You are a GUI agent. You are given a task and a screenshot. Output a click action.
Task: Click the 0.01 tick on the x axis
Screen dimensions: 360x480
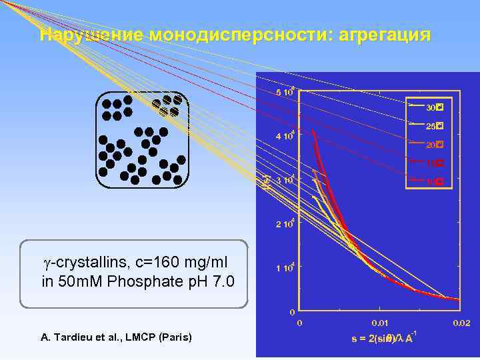[380, 323]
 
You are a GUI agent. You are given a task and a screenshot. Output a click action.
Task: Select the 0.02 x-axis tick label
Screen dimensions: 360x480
[460, 323]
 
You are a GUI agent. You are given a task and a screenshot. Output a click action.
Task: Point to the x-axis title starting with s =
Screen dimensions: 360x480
[384, 338]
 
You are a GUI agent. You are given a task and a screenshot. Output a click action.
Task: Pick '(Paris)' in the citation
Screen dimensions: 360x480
[175, 337]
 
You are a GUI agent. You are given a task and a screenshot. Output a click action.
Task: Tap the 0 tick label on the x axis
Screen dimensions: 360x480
[299, 323]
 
